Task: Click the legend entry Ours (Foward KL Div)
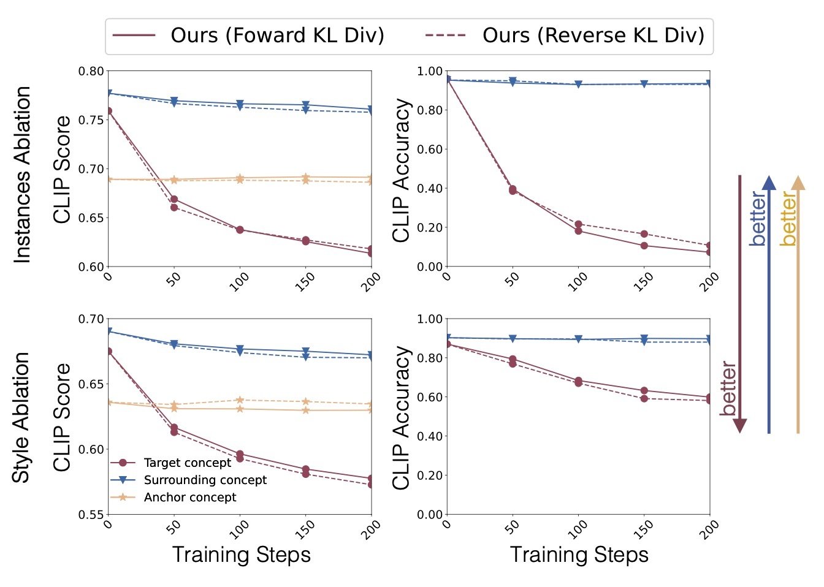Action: [x=248, y=36]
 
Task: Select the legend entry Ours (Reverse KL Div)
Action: [x=565, y=36]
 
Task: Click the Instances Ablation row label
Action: [x=23, y=175]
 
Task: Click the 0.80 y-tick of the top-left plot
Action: [x=91, y=72]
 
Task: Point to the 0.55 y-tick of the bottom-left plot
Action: [x=91, y=515]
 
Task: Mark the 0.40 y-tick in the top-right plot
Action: [x=429, y=189]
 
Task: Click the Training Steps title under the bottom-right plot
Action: [x=579, y=555]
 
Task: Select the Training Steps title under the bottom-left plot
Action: [x=241, y=555]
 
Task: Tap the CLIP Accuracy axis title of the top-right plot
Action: [x=401, y=170]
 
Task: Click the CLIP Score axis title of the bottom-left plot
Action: [x=63, y=417]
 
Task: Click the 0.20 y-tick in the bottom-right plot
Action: [x=429, y=475]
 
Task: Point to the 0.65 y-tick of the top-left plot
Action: [x=91, y=218]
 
